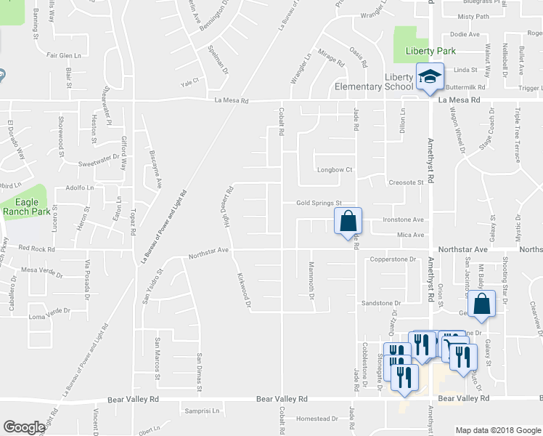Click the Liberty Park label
[429, 51]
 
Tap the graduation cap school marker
[429, 76]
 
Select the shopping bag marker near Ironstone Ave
[348, 220]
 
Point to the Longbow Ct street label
[334, 170]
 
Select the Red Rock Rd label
[33, 248]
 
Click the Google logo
[24, 427]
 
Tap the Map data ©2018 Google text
[497, 430]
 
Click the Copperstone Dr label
[392, 259]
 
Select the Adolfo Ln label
[81, 187]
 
